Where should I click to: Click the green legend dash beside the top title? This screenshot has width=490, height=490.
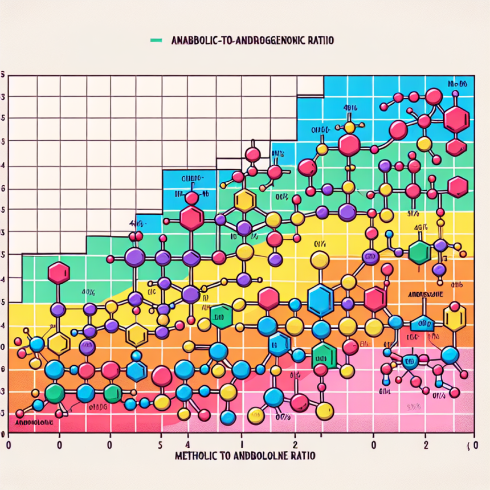click(154, 40)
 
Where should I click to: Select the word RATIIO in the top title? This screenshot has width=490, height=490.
click(320, 41)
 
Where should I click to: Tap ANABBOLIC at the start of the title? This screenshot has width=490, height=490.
click(191, 41)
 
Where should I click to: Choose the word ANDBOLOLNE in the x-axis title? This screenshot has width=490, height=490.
click(263, 456)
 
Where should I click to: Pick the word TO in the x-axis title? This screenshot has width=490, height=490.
click(226, 456)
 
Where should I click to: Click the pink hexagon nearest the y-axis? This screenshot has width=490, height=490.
click(58, 273)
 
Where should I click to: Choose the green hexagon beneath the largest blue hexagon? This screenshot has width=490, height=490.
click(323, 356)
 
